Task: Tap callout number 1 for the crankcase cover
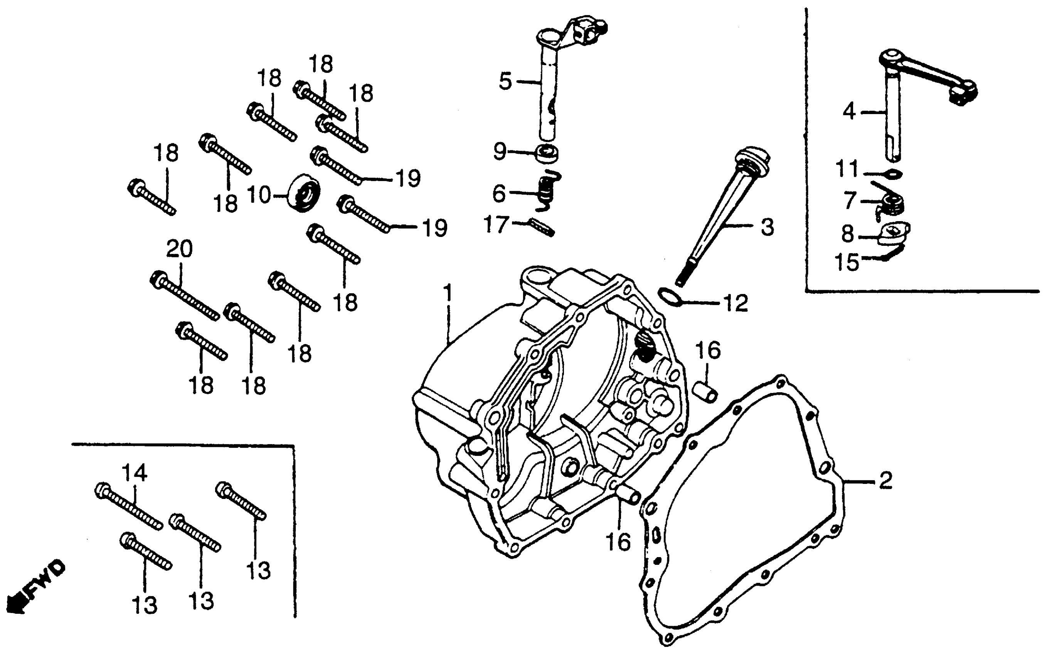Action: pos(448,293)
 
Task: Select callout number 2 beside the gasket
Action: pos(885,480)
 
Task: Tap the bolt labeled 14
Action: pos(128,506)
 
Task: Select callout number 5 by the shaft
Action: pos(505,81)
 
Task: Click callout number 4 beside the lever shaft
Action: pos(849,112)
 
